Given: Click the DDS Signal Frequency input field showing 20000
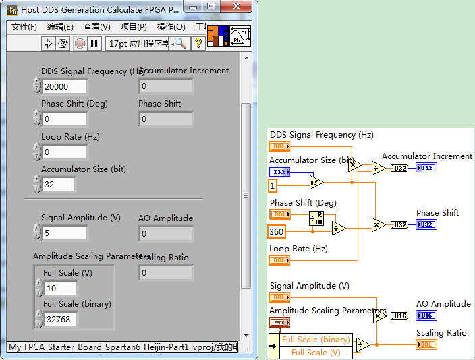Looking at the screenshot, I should click(65, 86).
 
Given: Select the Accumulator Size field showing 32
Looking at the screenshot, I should click(65, 184).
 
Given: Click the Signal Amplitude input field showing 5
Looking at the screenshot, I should click(65, 233).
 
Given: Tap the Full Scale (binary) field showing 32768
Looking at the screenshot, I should click(61, 320).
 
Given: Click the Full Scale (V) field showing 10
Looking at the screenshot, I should click(61, 289).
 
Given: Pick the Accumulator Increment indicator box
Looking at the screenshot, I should click(165, 86).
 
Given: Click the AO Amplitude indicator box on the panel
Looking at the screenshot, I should click(165, 234).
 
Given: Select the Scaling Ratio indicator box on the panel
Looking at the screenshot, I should click(165, 273).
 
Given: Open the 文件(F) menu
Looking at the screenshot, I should click(24, 27).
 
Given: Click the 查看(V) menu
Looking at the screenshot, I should click(96, 27).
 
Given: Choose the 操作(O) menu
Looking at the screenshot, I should click(171, 27).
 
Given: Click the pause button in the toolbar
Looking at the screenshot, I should click(94, 43).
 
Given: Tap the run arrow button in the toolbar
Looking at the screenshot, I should click(48, 43).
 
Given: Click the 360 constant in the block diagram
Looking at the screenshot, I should click(277, 232).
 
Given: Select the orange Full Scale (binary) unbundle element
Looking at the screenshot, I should click(316, 340).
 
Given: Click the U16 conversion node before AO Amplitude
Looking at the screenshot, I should click(400, 316).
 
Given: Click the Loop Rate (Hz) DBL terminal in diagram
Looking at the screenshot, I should click(279, 260).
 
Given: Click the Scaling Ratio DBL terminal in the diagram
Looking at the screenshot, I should click(426, 345).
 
